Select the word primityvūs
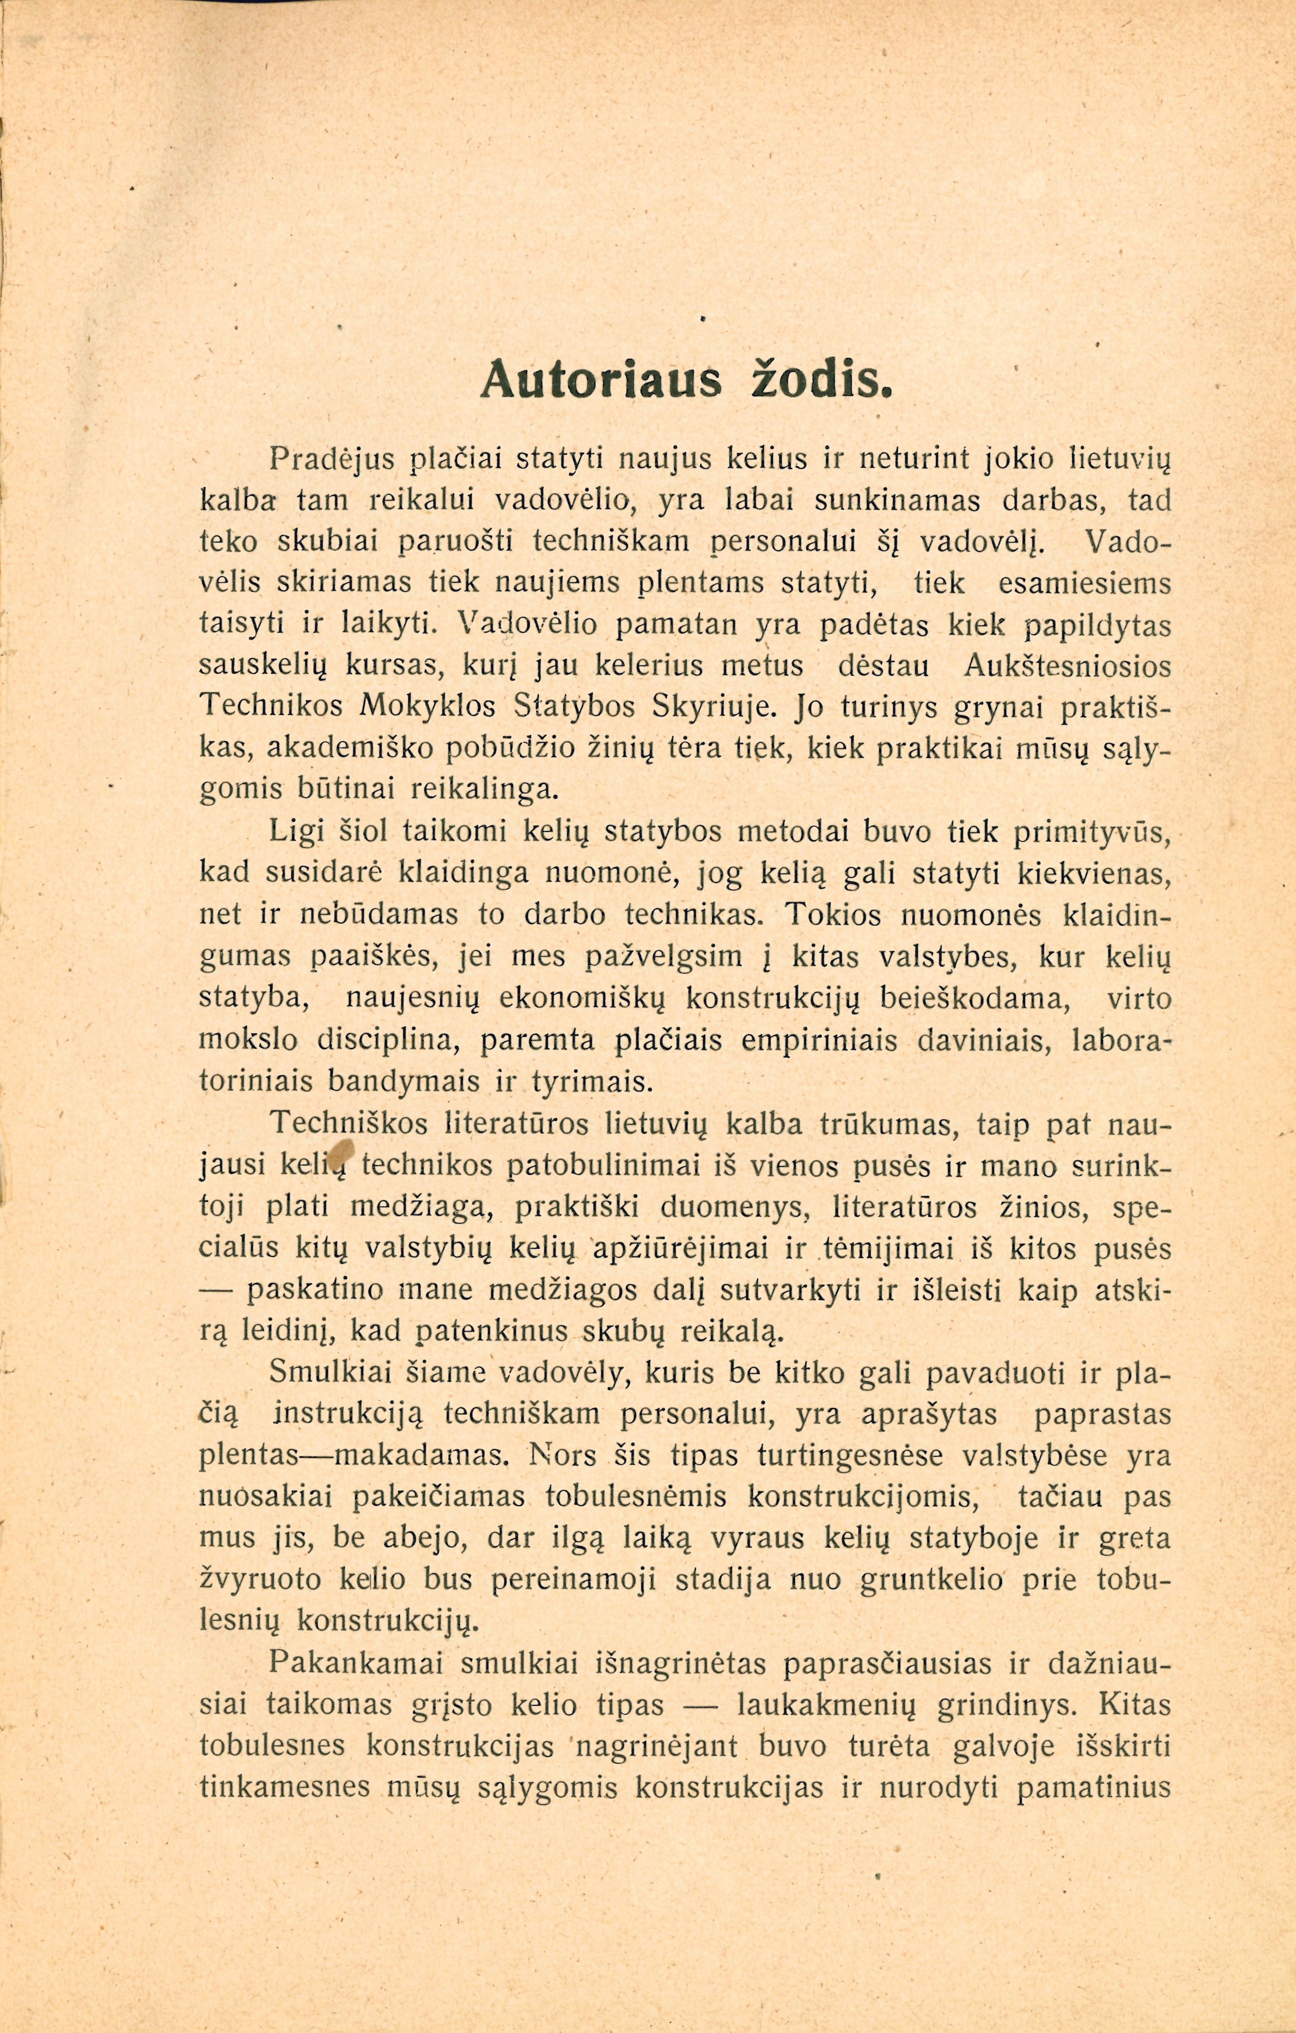(1089, 832)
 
